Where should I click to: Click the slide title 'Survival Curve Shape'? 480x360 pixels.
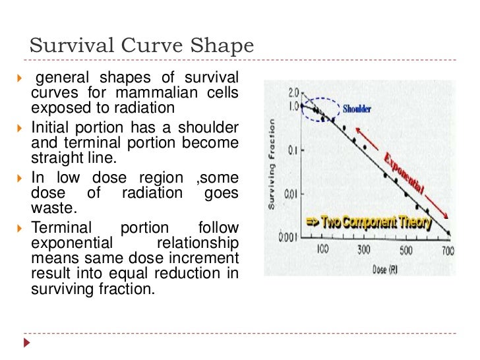tap(142, 47)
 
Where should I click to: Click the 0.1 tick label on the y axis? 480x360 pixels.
tap(293, 151)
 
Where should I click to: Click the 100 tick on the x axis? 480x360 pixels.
tap(322, 251)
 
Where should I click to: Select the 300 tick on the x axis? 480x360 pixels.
tap(364, 251)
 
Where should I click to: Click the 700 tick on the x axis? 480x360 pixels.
tap(448, 251)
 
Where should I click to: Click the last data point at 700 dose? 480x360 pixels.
tap(449, 233)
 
